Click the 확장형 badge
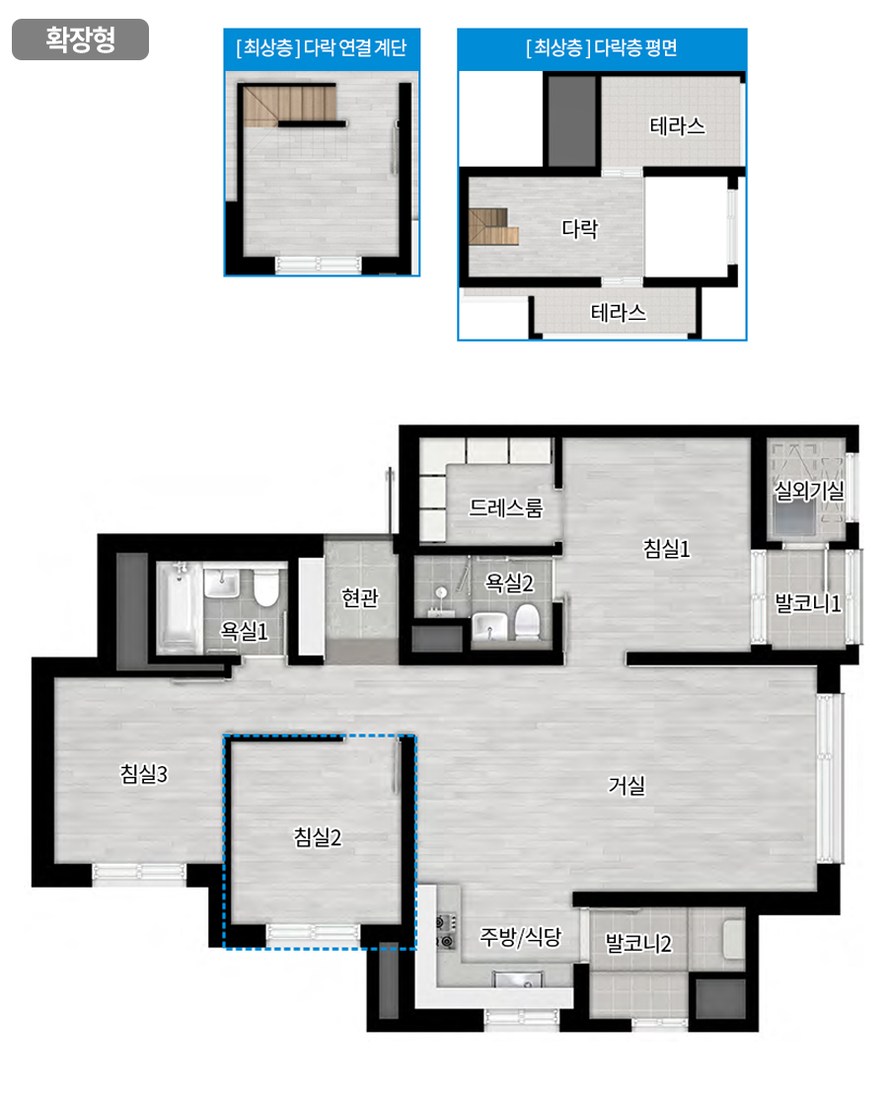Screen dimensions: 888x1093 point(80,39)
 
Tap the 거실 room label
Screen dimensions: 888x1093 point(627,786)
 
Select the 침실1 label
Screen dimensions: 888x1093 point(667,549)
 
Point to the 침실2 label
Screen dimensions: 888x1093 point(318,836)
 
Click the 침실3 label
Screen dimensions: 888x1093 point(144,774)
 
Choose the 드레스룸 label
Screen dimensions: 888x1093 point(505,507)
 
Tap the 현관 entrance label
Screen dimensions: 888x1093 point(359,597)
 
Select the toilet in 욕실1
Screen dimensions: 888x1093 point(266,587)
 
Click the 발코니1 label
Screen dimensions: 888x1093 point(808,603)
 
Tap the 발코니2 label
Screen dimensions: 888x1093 point(638,944)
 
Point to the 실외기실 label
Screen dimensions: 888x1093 point(809,491)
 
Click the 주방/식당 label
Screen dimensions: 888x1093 point(520,936)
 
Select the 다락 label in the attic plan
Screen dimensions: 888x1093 point(579,229)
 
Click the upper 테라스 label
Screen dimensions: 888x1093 point(677,126)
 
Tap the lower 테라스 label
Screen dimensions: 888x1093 point(619,312)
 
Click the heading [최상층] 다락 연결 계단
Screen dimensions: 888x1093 point(321,47)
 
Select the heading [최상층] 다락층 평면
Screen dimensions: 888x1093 point(602,47)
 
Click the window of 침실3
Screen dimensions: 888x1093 point(139,871)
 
